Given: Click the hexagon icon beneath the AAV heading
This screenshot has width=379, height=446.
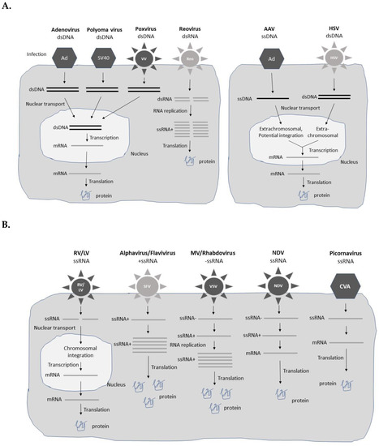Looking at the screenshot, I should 269,62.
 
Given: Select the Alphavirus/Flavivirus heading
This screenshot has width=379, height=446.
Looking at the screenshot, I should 144,252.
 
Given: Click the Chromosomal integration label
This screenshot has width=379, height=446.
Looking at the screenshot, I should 78,350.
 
